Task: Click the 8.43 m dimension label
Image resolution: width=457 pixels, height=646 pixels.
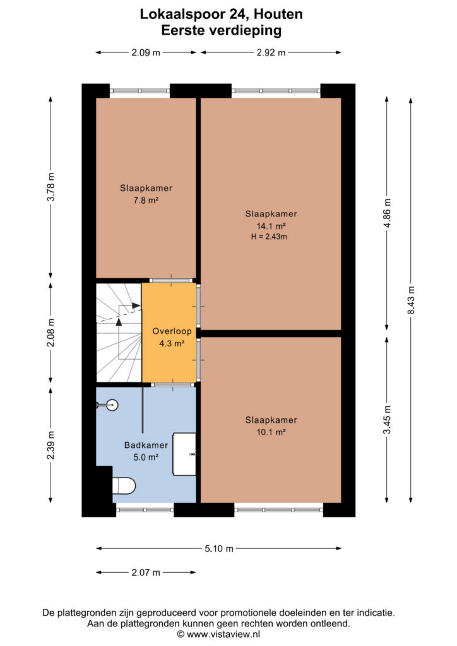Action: click(x=411, y=300)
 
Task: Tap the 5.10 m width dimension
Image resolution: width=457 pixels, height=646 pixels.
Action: click(x=219, y=548)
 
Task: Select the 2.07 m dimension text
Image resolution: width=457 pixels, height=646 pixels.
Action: click(x=146, y=572)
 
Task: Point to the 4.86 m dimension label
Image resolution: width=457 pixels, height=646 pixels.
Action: click(x=387, y=213)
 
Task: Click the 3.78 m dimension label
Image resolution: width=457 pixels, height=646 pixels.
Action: click(x=50, y=187)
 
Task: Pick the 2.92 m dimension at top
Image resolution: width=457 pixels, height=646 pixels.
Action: click(x=271, y=52)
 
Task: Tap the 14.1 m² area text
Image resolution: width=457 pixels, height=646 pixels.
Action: click(x=271, y=226)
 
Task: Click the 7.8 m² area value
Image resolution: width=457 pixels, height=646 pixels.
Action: click(x=146, y=200)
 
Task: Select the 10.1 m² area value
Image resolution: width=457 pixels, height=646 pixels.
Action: click(x=271, y=432)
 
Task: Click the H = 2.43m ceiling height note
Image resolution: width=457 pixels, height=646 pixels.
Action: click(x=269, y=237)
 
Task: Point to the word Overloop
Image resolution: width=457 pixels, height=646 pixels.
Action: click(x=172, y=331)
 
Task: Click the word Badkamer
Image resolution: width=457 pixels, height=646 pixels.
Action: click(x=146, y=445)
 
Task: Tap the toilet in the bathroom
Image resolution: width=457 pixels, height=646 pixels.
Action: click(x=124, y=485)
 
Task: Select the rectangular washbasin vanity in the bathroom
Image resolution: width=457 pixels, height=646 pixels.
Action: click(x=184, y=454)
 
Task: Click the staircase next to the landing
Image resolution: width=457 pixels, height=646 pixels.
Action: click(x=119, y=332)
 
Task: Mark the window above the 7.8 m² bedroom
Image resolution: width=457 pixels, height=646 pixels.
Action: click(x=139, y=91)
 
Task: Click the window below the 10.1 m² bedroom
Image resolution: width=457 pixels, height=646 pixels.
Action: click(x=278, y=510)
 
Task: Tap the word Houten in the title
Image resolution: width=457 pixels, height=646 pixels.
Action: click(x=278, y=14)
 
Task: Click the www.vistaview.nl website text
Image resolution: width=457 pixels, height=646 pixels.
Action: click(x=223, y=635)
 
